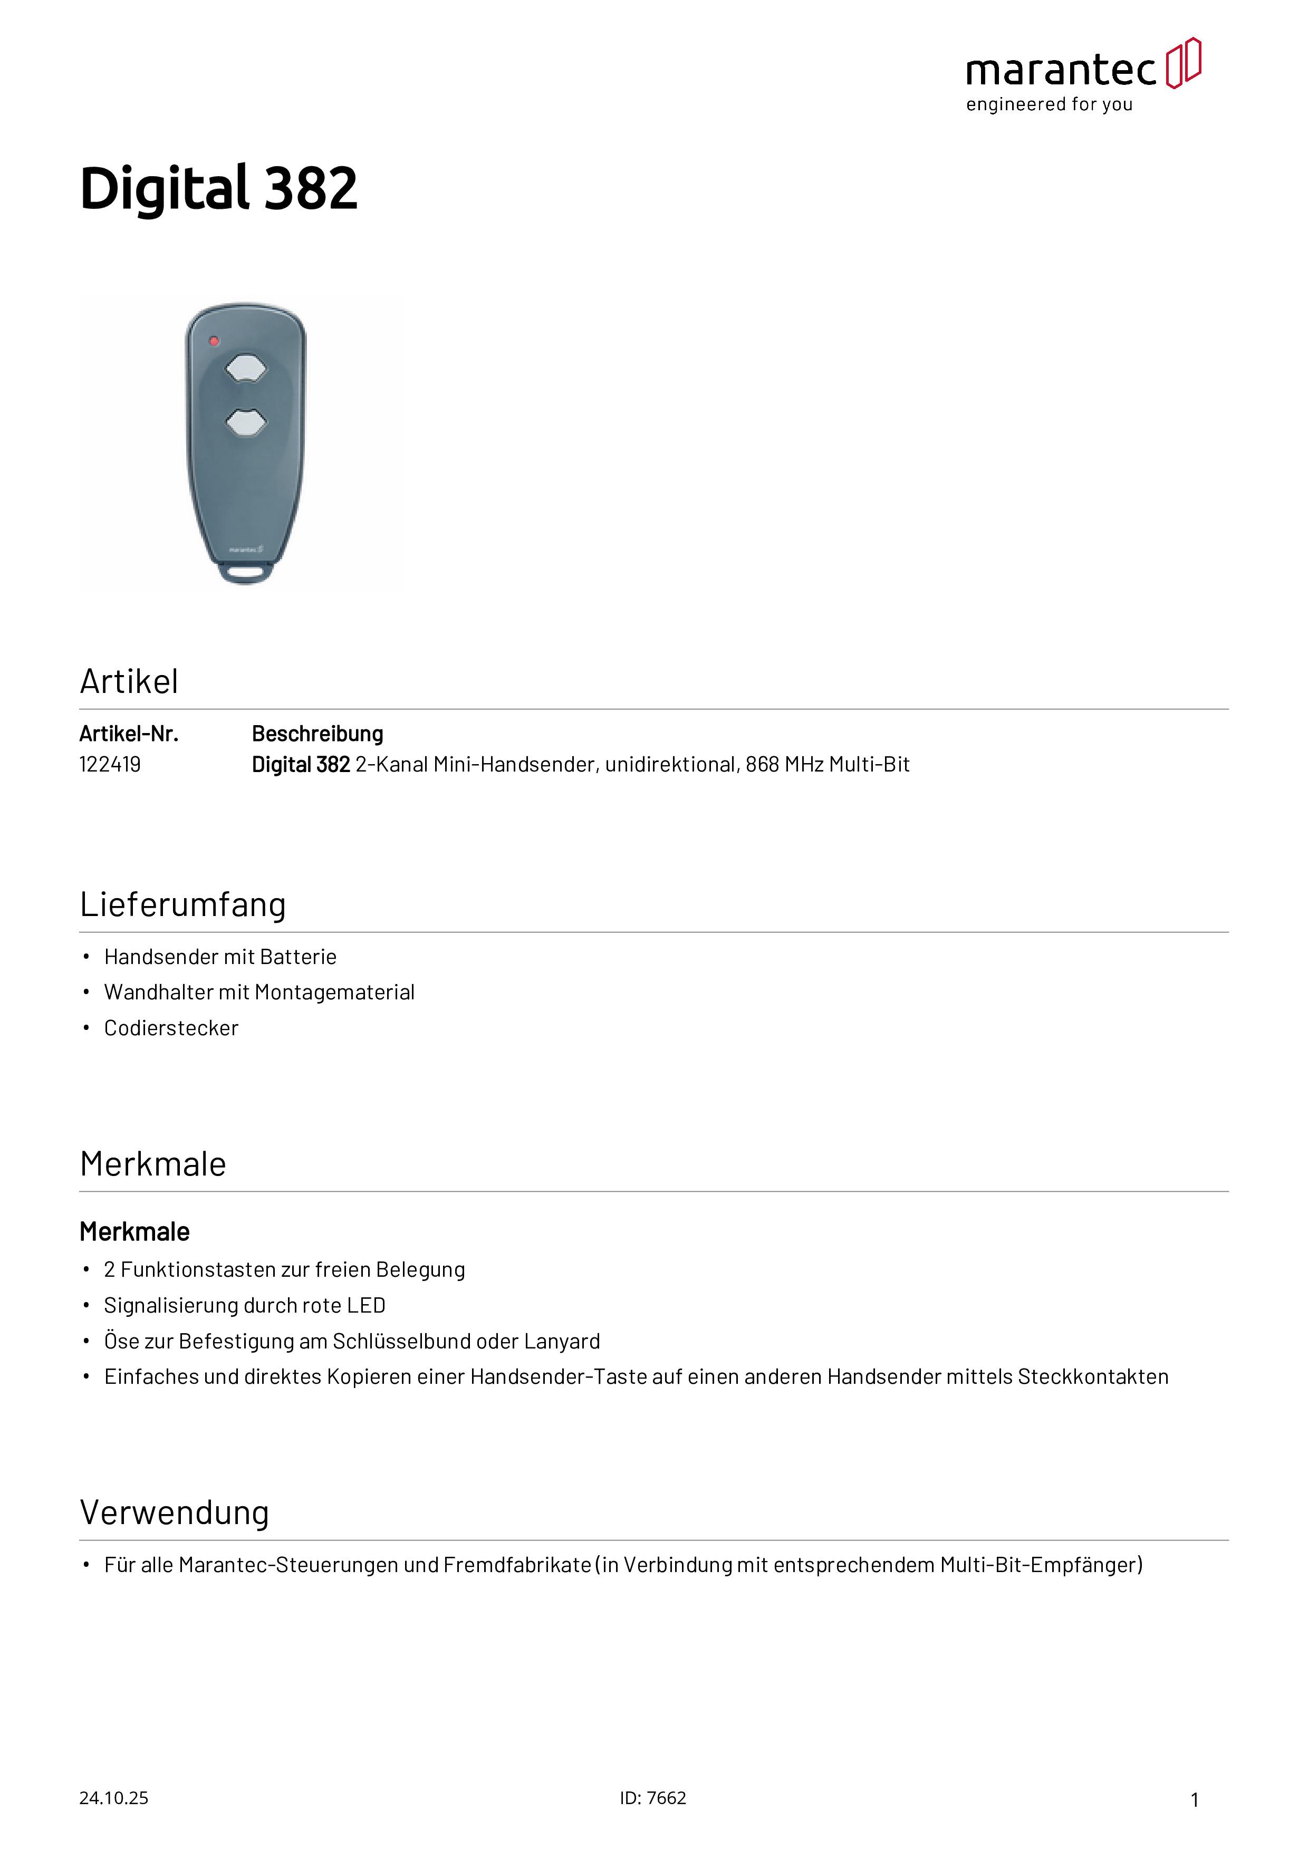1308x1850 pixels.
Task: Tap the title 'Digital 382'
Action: [x=218, y=189]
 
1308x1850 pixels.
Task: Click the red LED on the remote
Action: [x=214, y=341]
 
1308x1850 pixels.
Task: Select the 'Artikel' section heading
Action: [x=129, y=682]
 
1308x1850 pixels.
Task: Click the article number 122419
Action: [x=110, y=765]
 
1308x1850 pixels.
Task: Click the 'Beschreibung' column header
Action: [x=318, y=734]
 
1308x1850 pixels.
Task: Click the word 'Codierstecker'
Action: [x=171, y=1028]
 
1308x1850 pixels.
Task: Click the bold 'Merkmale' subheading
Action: [x=134, y=1232]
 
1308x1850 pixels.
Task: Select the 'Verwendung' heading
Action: [x=174, y=1513]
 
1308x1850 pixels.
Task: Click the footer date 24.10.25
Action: [x=113, y=1798]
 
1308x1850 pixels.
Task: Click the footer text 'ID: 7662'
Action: [x=653, y=1798]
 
